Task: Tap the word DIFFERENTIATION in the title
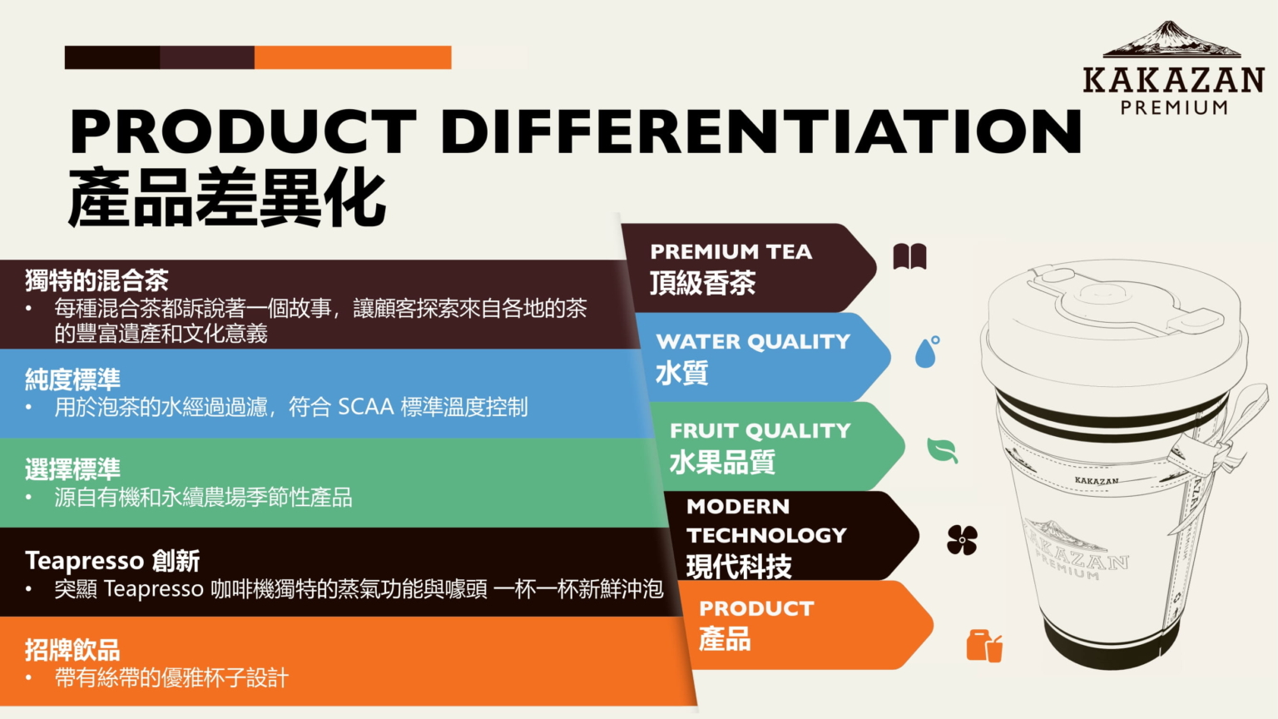[761, 131]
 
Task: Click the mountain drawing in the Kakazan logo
[1171, 39]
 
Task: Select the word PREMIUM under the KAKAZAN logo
[1174, 107]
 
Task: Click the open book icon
[910, 256]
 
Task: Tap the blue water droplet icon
[927, 351]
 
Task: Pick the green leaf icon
[942, 450]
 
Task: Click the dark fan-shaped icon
[962, 540]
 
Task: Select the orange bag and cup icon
[984, 646]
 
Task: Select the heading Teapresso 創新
[112, 561]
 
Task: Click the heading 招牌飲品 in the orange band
[72, 650]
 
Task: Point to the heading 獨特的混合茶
[97, 280]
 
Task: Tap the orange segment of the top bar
[353, 57]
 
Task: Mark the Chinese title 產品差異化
[228, 198]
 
